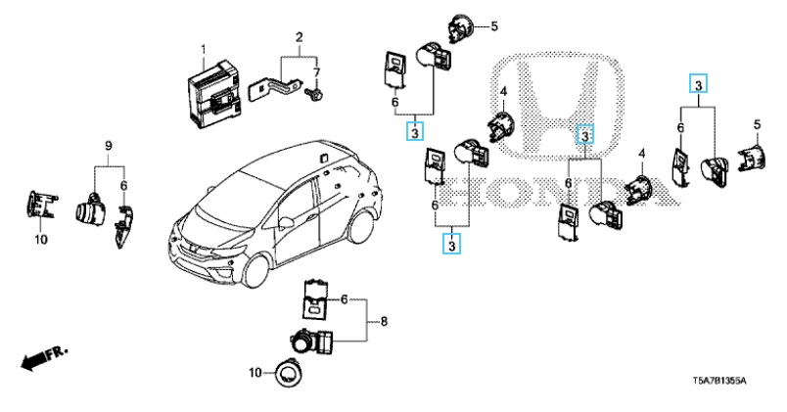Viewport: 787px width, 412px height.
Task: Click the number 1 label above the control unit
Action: (x=204, y=49)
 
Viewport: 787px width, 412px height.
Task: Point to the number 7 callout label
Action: (x=317, y=73)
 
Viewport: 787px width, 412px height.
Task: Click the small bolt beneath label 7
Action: (x=316, y=94)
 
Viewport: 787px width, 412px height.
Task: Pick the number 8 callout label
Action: (x=384, y=320)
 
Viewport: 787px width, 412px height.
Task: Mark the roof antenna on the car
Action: (x=319, y=154)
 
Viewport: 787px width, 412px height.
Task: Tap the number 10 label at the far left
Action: (x=40, y=240)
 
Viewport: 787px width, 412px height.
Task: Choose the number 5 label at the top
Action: (x=494, y=25)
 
